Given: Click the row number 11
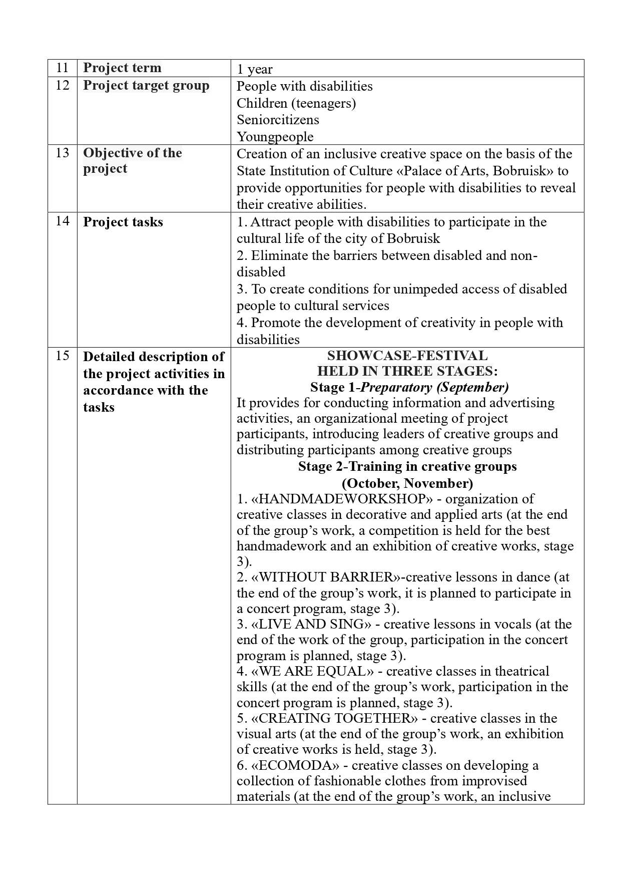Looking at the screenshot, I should tap(62, 68).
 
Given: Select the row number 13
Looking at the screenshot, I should tap(62, 153).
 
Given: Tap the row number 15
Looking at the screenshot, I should tap(62, 356).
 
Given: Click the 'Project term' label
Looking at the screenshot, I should tap(122, 68).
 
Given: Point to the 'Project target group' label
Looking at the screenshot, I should tap(146, 86).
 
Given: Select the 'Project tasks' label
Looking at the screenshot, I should tap(123, 222).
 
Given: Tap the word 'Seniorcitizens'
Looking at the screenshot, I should tap(278, 120).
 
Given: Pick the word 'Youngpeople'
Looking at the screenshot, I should tap(275, 137).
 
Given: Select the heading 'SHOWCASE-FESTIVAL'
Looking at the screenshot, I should tap(407, 356).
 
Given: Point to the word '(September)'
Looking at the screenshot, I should tap(472, 387).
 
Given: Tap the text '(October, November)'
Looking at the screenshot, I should tap(407, 483).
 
